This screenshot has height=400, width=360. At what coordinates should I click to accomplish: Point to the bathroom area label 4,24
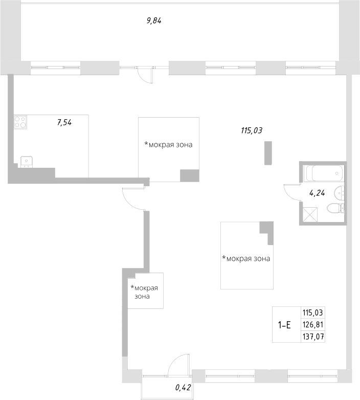pos(317,193)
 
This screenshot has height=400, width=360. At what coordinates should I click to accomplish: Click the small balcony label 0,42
pos(183,387)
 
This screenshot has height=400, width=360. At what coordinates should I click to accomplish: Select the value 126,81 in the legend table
pos(313,324)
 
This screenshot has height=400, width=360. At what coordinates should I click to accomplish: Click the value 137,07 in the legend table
pos(313,336)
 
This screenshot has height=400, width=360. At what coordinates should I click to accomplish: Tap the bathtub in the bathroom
pos(323,173)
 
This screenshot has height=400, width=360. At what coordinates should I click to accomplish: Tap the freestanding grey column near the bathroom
pos(267,153)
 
